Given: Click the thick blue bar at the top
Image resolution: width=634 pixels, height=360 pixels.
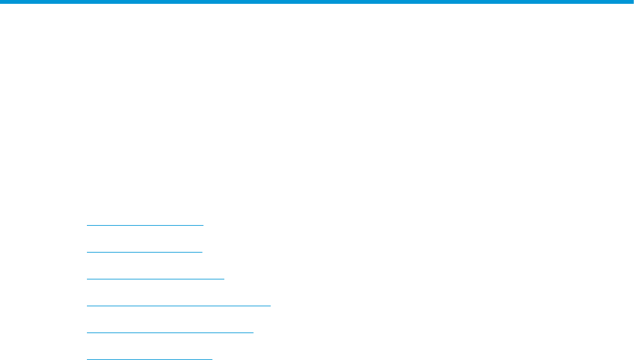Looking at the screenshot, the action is point(317,2).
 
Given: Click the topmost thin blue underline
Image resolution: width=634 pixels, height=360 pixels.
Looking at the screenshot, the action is point(144,225).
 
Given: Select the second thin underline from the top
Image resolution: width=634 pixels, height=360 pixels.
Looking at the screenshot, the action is point(144,252).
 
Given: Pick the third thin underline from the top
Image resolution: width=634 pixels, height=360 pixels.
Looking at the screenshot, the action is point(155,279).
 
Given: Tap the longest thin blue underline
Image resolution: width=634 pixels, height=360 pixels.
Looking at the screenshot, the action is point(178,306).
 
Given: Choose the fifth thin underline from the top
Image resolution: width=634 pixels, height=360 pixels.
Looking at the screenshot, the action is point(170,333).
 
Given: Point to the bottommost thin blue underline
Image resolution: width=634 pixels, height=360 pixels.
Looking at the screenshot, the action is point(149,359).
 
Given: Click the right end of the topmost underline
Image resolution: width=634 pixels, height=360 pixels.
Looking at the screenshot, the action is point(203,225).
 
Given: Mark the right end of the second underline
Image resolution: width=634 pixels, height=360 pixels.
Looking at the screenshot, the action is point(201,252).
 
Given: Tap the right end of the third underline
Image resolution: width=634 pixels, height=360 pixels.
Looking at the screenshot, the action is point(224,279).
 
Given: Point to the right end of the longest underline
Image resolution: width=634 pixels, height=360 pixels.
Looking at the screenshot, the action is point(270,306).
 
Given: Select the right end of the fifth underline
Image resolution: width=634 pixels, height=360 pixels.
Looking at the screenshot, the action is point(253,333).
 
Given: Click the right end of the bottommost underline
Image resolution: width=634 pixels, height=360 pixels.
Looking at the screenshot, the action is point(212,359).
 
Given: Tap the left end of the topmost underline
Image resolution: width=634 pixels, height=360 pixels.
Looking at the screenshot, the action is point(87,225).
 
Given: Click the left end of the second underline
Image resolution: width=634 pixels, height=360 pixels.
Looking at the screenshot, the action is point(87,252).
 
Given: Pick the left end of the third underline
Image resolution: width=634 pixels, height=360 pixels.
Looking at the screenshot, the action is point(87,279).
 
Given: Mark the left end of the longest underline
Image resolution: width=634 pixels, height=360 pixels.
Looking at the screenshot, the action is point(87,306).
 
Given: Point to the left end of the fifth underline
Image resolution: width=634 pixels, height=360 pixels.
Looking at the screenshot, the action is point(87,333).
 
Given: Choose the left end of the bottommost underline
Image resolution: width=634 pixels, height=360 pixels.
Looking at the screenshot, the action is point(87,359).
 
